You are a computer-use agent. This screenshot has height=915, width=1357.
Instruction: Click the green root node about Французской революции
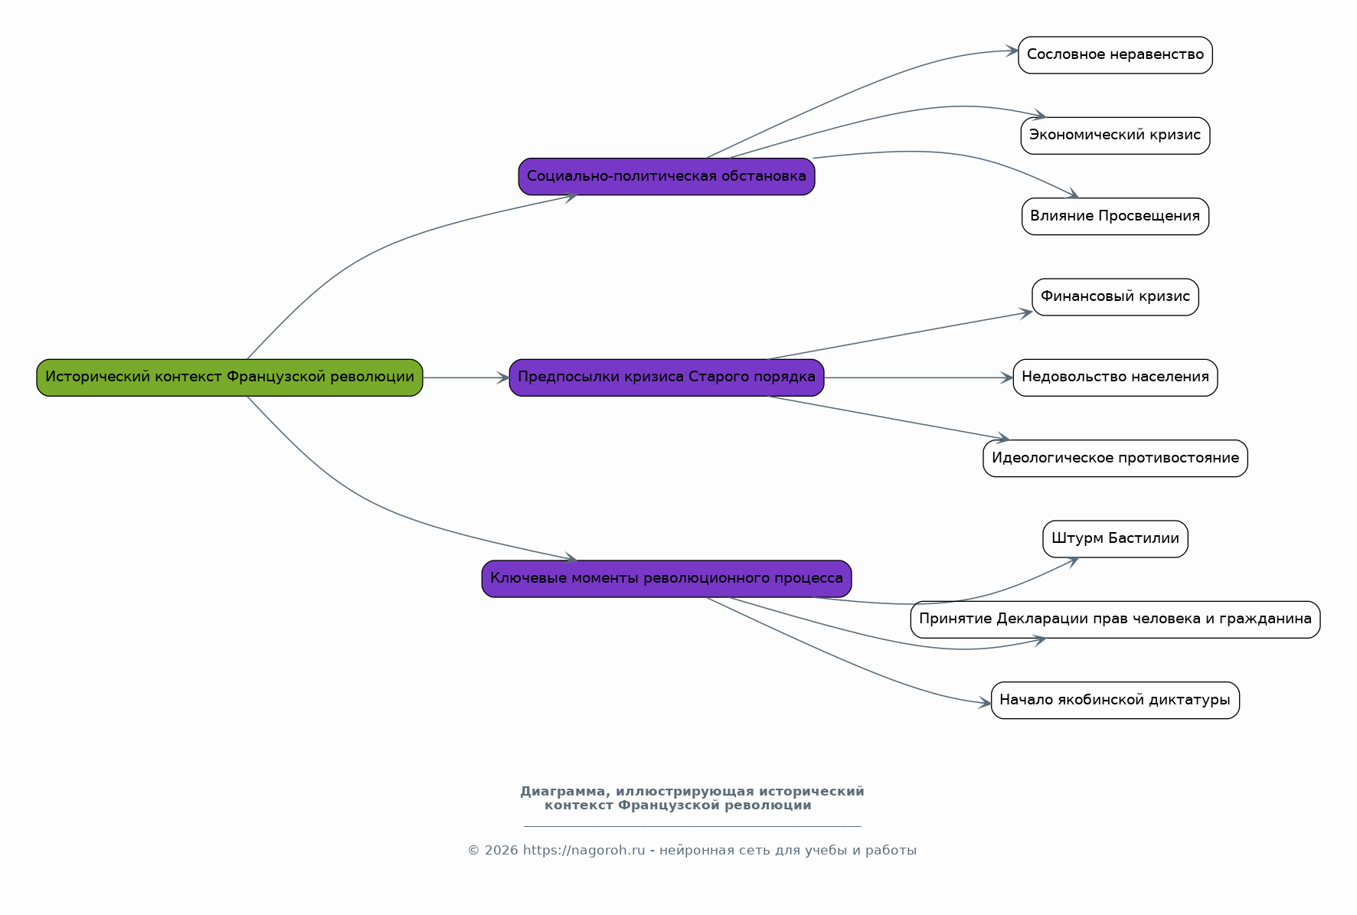click(230, 377)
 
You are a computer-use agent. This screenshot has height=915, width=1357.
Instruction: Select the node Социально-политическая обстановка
click(666, 177)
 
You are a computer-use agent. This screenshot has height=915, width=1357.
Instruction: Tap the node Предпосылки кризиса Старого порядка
click(666, 377)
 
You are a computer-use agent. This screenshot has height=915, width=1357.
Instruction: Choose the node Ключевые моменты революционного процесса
click(666, 579)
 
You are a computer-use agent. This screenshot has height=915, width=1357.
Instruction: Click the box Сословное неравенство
click(1115, 55)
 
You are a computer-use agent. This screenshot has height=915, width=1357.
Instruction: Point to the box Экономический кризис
click(1115, 136)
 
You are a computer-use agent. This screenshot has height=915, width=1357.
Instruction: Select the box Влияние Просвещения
click(1115, 217)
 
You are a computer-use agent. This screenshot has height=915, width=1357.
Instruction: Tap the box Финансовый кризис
click(1115, 297)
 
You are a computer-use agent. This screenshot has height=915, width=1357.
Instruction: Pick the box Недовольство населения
click(1115, 377)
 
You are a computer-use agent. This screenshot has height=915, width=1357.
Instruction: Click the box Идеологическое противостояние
click(1115, 459)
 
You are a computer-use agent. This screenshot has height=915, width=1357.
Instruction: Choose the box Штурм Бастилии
click(1115, 539)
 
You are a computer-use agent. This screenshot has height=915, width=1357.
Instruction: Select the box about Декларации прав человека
click(1115, 619)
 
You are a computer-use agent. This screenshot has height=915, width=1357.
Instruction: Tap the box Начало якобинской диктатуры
click(1115, 701)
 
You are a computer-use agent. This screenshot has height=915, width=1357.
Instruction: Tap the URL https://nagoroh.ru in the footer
click(584, 851)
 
